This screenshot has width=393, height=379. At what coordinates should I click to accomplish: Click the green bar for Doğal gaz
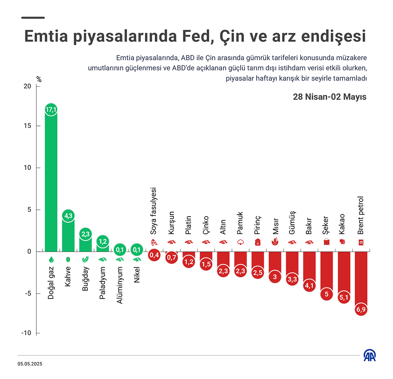[51, 182]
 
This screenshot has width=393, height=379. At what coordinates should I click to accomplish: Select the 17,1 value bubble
[51, 110]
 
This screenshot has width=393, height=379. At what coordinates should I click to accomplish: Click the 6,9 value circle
[361, 310]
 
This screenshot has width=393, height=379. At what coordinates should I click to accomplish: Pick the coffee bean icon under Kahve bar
[68, 259]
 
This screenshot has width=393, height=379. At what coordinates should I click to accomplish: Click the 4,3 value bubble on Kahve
[68, 216]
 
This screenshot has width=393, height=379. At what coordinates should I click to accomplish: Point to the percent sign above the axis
[39, 80]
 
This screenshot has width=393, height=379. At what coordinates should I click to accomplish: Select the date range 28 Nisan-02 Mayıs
[329, 97]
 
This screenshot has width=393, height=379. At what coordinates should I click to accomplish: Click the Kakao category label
[342, 224]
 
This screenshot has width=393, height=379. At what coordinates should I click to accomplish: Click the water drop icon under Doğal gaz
[51, 259]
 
